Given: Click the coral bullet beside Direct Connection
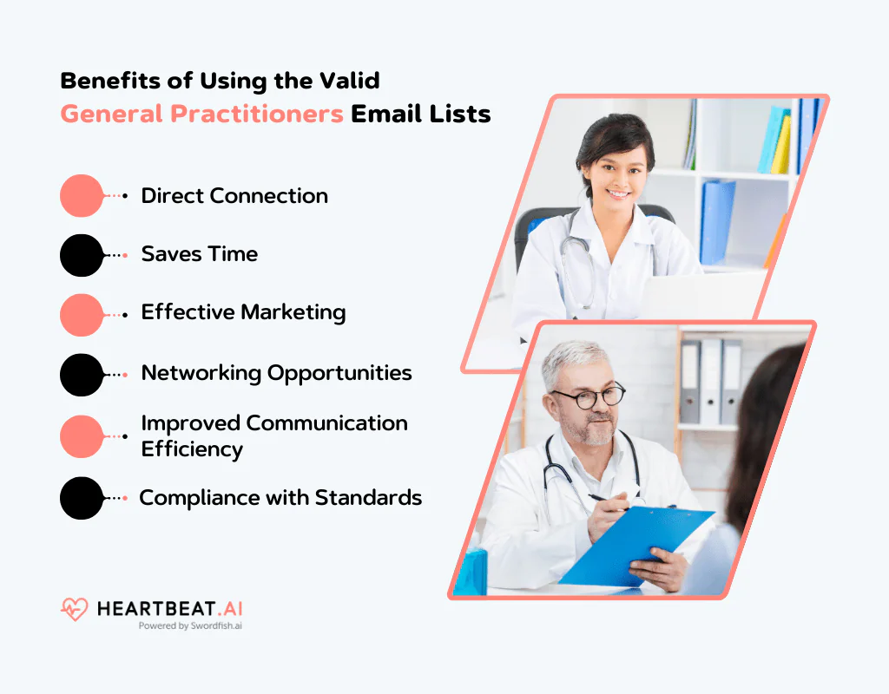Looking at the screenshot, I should coord(82,195).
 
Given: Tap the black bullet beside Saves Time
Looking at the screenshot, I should coord(82,255).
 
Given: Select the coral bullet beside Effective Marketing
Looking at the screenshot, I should coord(82,314).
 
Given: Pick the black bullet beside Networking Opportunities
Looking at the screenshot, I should coord(82,375).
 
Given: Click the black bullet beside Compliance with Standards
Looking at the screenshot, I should coord(82,498).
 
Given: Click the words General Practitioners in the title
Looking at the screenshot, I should coord(201,114).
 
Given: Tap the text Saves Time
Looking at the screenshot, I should coord(199,254).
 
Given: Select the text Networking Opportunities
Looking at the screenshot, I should coord(276,373).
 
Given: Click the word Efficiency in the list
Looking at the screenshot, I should coord(192,448).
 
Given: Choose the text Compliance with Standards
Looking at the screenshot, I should coord(280,497).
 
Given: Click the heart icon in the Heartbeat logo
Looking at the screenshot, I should coord(75,609).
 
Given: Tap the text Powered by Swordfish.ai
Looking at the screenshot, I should coord(190,625).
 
